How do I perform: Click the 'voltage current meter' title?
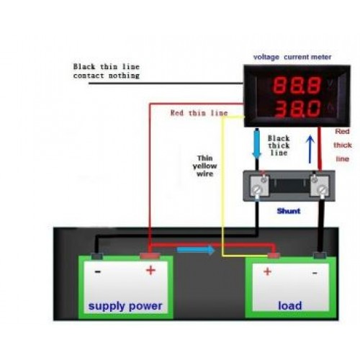[292, 57]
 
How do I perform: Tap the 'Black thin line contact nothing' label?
[107, 71]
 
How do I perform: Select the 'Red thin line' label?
[199, 113]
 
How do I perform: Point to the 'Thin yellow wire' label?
[204, 166]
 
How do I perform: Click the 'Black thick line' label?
[279, 145]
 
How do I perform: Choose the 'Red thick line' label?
[343, 145]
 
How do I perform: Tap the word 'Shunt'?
[289, 211]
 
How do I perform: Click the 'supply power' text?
[125, 306]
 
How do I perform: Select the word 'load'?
[290, 305]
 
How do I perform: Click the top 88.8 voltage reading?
[297, 85]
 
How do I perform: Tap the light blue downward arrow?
[257, 144]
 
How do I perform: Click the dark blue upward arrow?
[310, 149]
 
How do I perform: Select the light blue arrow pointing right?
[196, 250]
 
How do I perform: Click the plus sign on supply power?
[150, 271]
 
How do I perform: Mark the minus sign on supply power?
[98, 272]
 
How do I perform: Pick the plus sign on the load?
[267, 271]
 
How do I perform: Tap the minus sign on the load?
[315, 273]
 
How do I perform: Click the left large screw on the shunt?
[257, 190]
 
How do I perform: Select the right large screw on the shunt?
[322, 190]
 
